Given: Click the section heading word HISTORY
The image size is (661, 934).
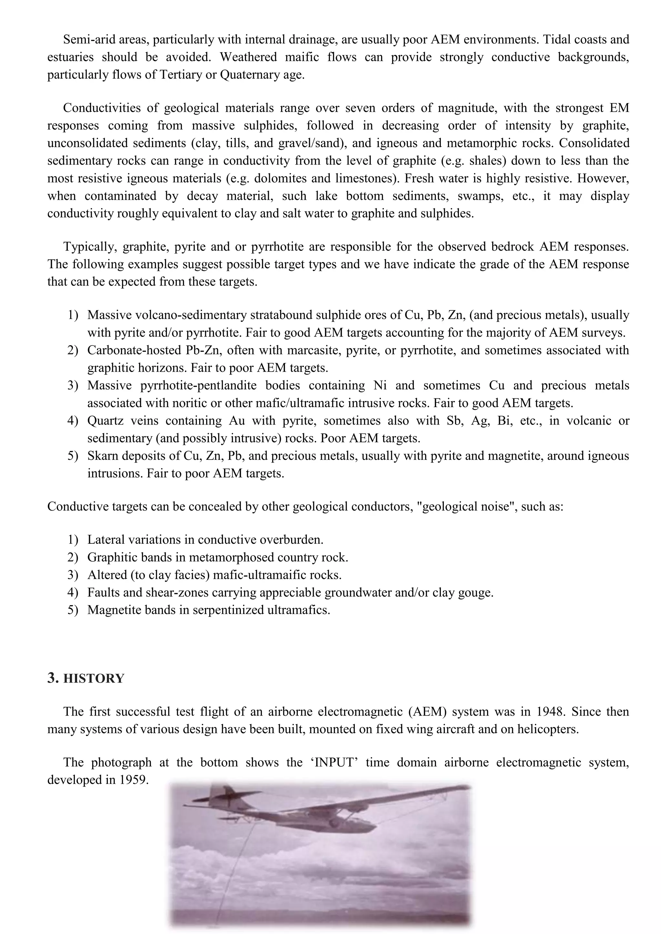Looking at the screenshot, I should [x=94, y=678].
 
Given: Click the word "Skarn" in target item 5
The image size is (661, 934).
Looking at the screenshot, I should [x=101, y=456].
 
